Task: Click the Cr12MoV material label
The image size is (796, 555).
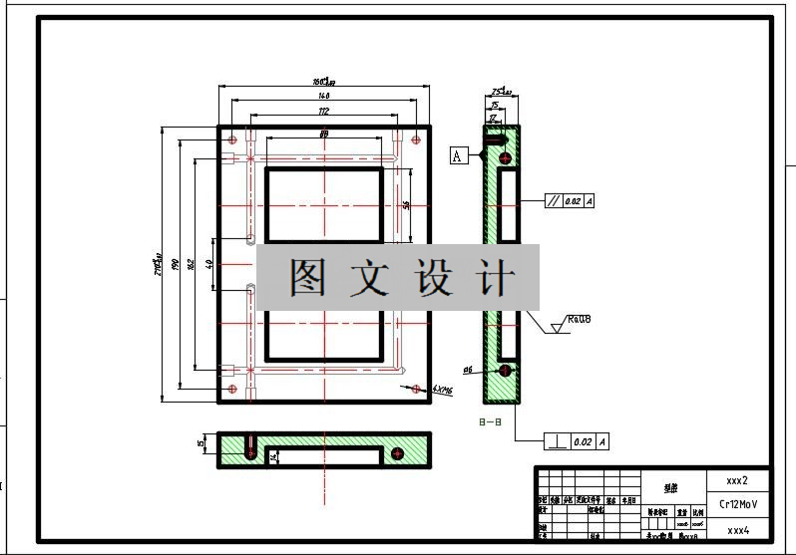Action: [738, 504]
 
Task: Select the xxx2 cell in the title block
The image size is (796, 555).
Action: [737, 479]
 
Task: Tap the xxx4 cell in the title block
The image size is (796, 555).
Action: [737, 530]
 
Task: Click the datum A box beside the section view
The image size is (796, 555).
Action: [458, 155]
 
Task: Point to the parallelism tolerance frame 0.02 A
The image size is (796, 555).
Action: [570, 201]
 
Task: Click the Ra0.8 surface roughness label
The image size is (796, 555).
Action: [579, 320]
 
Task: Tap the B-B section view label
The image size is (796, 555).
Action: [490, 422]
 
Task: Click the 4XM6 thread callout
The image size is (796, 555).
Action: [443, 391]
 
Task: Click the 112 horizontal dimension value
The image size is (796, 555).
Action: [323, 111]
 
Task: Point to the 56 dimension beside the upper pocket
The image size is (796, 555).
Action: [407, 204]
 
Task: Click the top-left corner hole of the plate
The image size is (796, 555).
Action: [232, 139]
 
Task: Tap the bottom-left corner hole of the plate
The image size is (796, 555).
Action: [232, 389]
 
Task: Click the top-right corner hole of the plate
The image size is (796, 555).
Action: [416, 139]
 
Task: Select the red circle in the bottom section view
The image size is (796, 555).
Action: [397, 454]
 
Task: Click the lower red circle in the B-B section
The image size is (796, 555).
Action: [505, 371]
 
